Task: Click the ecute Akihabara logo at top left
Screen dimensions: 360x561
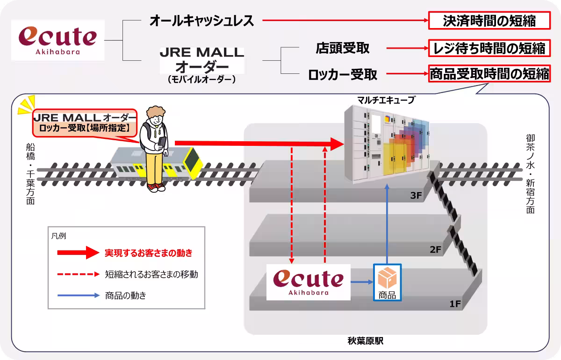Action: (x=58, y=40)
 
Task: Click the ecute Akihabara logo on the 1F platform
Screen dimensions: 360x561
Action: (x=309, y=282)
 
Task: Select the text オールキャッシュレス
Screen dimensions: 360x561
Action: (x=201, y=21)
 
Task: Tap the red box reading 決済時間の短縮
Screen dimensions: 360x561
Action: (x=489, y=21)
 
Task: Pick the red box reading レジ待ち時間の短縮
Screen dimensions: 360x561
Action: (x=489, y=48)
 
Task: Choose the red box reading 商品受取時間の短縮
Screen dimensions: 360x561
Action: (x=489, y=74)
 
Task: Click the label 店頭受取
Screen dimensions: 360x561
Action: (x=343, y=48)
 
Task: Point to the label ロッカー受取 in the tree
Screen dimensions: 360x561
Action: (x=343, y=74)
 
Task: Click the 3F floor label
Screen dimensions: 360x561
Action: (x=416, y=196)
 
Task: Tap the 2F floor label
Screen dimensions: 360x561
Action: (x=436, y=250)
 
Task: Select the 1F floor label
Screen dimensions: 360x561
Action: (x=455, y=304)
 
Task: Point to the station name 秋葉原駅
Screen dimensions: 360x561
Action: (x=366, y=341)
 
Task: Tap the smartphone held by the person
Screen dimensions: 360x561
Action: (x=162, y=141)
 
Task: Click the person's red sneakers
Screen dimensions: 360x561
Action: (x=156, y=187)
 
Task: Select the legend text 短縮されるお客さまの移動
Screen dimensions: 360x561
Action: (x=151, y=274)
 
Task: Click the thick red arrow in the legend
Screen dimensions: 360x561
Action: (x=78, y=253)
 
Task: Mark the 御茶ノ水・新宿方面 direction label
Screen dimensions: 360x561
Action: (x=530, y=173)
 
